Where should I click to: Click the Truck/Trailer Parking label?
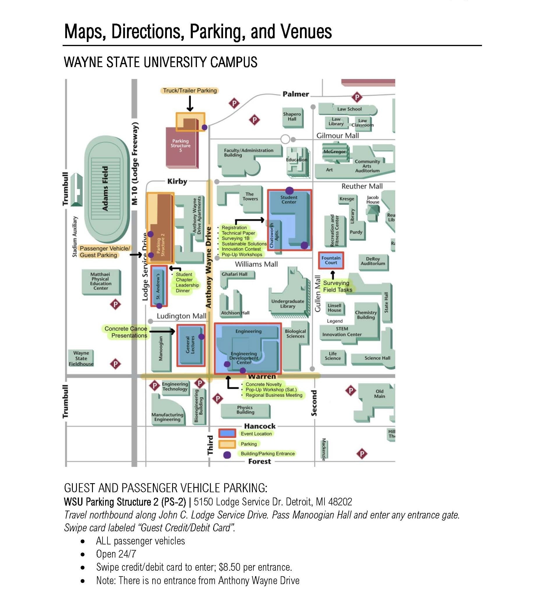coord(190,91)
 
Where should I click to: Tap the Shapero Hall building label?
coord(292,117)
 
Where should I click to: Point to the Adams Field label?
coord(105,188)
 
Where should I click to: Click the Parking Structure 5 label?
coord(181,146)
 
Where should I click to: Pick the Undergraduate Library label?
coord(288,304)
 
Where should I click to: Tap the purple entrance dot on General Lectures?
coord(201,337)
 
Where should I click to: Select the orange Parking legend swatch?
coord(227,444)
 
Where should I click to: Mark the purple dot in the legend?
coord(227,455)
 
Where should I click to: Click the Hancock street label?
coord(260,426)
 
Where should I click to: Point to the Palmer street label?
coord(296,94)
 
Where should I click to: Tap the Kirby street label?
coord(177,182)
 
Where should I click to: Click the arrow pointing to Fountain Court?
coord(333,275)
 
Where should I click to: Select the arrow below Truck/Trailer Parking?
coord(190,104)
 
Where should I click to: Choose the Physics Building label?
coord(246,410)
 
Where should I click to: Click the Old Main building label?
coord(379,394)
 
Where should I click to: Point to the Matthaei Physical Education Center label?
coord(101,281)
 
